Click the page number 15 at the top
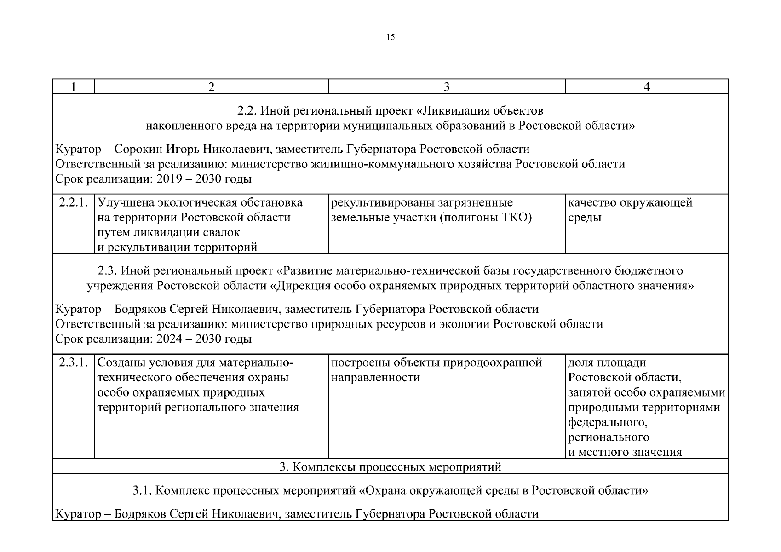coord(390,37)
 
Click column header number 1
coord(73,86)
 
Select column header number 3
coord(446,86)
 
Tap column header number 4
coord(646,86)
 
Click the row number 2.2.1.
coord(73,202)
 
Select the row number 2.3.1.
coord(73,362)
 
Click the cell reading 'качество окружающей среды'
coord(630,210)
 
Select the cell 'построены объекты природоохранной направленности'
coord(436,370)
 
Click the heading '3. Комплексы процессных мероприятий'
coord(390,467)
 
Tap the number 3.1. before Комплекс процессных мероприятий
coord(142,490)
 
